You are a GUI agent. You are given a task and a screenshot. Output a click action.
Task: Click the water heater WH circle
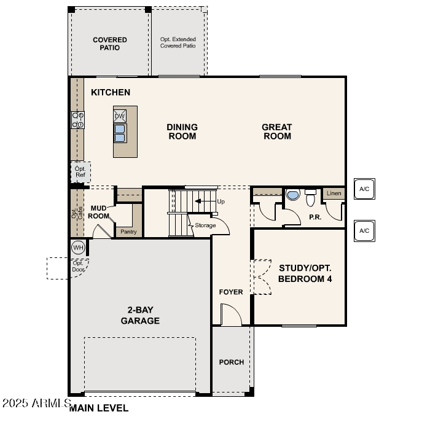(78, 248)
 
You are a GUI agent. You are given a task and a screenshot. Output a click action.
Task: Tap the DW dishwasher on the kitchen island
(120, 116)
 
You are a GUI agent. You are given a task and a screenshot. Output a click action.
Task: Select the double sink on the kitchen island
(120, 133)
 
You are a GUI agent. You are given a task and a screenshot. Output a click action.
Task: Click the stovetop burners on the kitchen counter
(78, 120)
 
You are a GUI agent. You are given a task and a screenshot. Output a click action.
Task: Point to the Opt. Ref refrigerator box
(80, 172)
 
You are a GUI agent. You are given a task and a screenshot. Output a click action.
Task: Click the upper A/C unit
(364, 189)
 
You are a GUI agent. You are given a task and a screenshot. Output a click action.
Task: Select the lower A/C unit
(364, 231)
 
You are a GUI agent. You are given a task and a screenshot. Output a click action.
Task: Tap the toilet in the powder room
(310, 198)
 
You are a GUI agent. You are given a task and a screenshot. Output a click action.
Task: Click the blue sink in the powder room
(293, 195)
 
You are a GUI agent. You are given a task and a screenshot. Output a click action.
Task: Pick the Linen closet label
(334, 193)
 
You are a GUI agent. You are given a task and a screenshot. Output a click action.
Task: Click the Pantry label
(128, 232)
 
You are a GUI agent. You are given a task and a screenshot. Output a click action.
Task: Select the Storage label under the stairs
(205, 225)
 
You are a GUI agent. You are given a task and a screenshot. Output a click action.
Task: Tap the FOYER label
(231, 292)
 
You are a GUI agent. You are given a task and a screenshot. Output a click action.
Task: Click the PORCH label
(232, 362)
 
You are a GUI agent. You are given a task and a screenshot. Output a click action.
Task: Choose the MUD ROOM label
(98, 212)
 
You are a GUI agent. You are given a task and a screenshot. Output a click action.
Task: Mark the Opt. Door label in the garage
(78, 266)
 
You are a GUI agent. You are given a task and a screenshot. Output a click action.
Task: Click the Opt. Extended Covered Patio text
(178, 42)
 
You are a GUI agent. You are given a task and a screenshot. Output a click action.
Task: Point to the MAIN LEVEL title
(99, 408)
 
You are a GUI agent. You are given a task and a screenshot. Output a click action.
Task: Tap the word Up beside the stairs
(221, 201)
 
